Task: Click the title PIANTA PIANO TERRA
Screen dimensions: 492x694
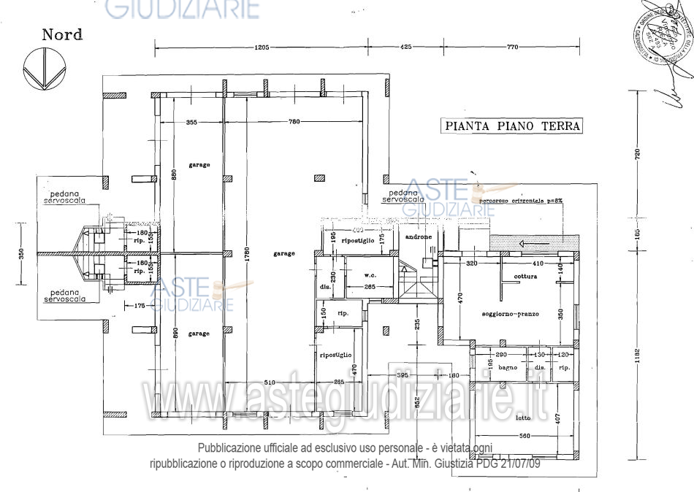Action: [x=513, y=126]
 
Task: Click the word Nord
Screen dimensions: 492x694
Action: [x=62, y=34]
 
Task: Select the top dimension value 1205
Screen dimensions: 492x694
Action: [x=262, y=47]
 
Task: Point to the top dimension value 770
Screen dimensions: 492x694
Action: [x=511, y=47]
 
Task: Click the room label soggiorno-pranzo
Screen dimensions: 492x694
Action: [x=511, y=314]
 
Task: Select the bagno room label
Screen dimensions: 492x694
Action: [x=508, y=367]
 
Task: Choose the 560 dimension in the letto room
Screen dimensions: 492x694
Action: [x=519, y=437]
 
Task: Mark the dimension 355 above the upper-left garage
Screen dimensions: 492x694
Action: [x=192, y=122]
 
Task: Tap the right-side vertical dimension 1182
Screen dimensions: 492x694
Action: [x=637, y=358]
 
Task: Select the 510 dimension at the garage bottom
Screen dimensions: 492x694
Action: [x=270, y=382]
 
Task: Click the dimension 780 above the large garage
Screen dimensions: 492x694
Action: [x=294, y=122]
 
